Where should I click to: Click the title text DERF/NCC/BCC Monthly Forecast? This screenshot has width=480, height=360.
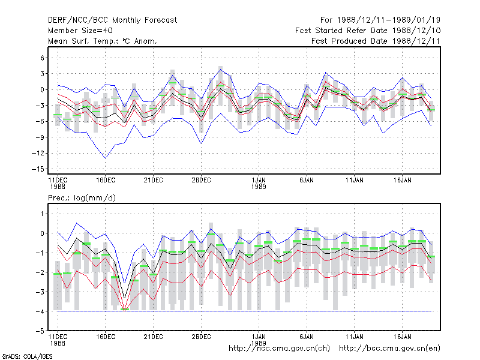pos(112,20)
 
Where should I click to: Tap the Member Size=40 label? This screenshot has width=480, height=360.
pos(80,31)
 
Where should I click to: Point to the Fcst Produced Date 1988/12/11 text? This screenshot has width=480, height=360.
pos(376,41)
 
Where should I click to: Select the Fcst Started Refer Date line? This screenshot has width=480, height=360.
pos(368,31)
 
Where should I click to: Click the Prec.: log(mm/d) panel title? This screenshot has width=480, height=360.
pos(82,198)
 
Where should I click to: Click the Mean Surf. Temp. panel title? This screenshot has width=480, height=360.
pos(103,41)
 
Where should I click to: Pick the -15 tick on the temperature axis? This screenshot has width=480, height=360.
pos(38,169)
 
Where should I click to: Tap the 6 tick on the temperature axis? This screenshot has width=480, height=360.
pos(42,58)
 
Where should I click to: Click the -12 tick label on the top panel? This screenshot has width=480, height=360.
pos(38,153)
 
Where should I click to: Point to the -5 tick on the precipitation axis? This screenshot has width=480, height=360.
pos(40,331)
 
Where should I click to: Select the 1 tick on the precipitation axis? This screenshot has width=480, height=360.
pos(42,214)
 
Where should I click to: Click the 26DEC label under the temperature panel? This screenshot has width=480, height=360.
pos(201,181)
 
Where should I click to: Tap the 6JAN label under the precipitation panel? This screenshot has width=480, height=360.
pos(307,337)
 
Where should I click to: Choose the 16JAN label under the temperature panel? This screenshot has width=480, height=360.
pos(402,181)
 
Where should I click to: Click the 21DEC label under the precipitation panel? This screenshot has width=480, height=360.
pos(154,337)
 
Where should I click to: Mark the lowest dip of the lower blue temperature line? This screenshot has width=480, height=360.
pos(106,158)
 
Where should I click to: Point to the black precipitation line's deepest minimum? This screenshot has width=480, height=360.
pos(124,298)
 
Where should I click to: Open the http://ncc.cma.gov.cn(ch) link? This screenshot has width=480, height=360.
pos(279,349)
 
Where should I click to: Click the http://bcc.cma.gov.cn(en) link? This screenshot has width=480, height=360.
pos(389,349)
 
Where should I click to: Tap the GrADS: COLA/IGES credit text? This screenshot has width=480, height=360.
pos(27,356)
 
